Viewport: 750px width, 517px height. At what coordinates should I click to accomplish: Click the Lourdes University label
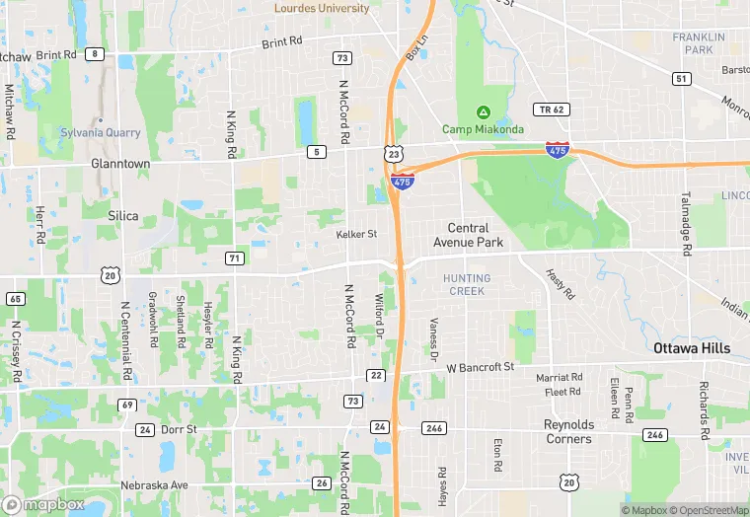[322, 9]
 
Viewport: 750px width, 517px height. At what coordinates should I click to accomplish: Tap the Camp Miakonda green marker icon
[484, 111]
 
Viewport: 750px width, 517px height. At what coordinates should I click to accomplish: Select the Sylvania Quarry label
[101, 132]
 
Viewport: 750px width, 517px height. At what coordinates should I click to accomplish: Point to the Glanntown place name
[120, 164]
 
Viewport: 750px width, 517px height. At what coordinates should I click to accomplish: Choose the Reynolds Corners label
[568, 432]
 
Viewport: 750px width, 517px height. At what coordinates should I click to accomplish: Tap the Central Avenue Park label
[468, 235]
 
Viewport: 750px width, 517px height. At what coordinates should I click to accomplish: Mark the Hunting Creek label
[467, 284]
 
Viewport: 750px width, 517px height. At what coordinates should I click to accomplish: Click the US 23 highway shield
[394, 155]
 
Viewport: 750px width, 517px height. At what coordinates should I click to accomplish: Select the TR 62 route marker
[551, 110]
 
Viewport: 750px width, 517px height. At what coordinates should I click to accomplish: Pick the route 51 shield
[681, 78]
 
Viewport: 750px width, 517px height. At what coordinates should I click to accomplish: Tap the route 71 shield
[234, 258]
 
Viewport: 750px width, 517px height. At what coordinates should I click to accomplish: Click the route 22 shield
[376, 375]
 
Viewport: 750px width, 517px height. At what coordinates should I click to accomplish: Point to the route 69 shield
[127, 405]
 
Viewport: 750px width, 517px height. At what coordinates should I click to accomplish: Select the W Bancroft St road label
[481, 367]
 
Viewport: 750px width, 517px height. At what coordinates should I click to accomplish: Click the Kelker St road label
[356, 234]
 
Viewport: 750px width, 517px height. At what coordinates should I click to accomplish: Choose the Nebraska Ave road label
[154, 485]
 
